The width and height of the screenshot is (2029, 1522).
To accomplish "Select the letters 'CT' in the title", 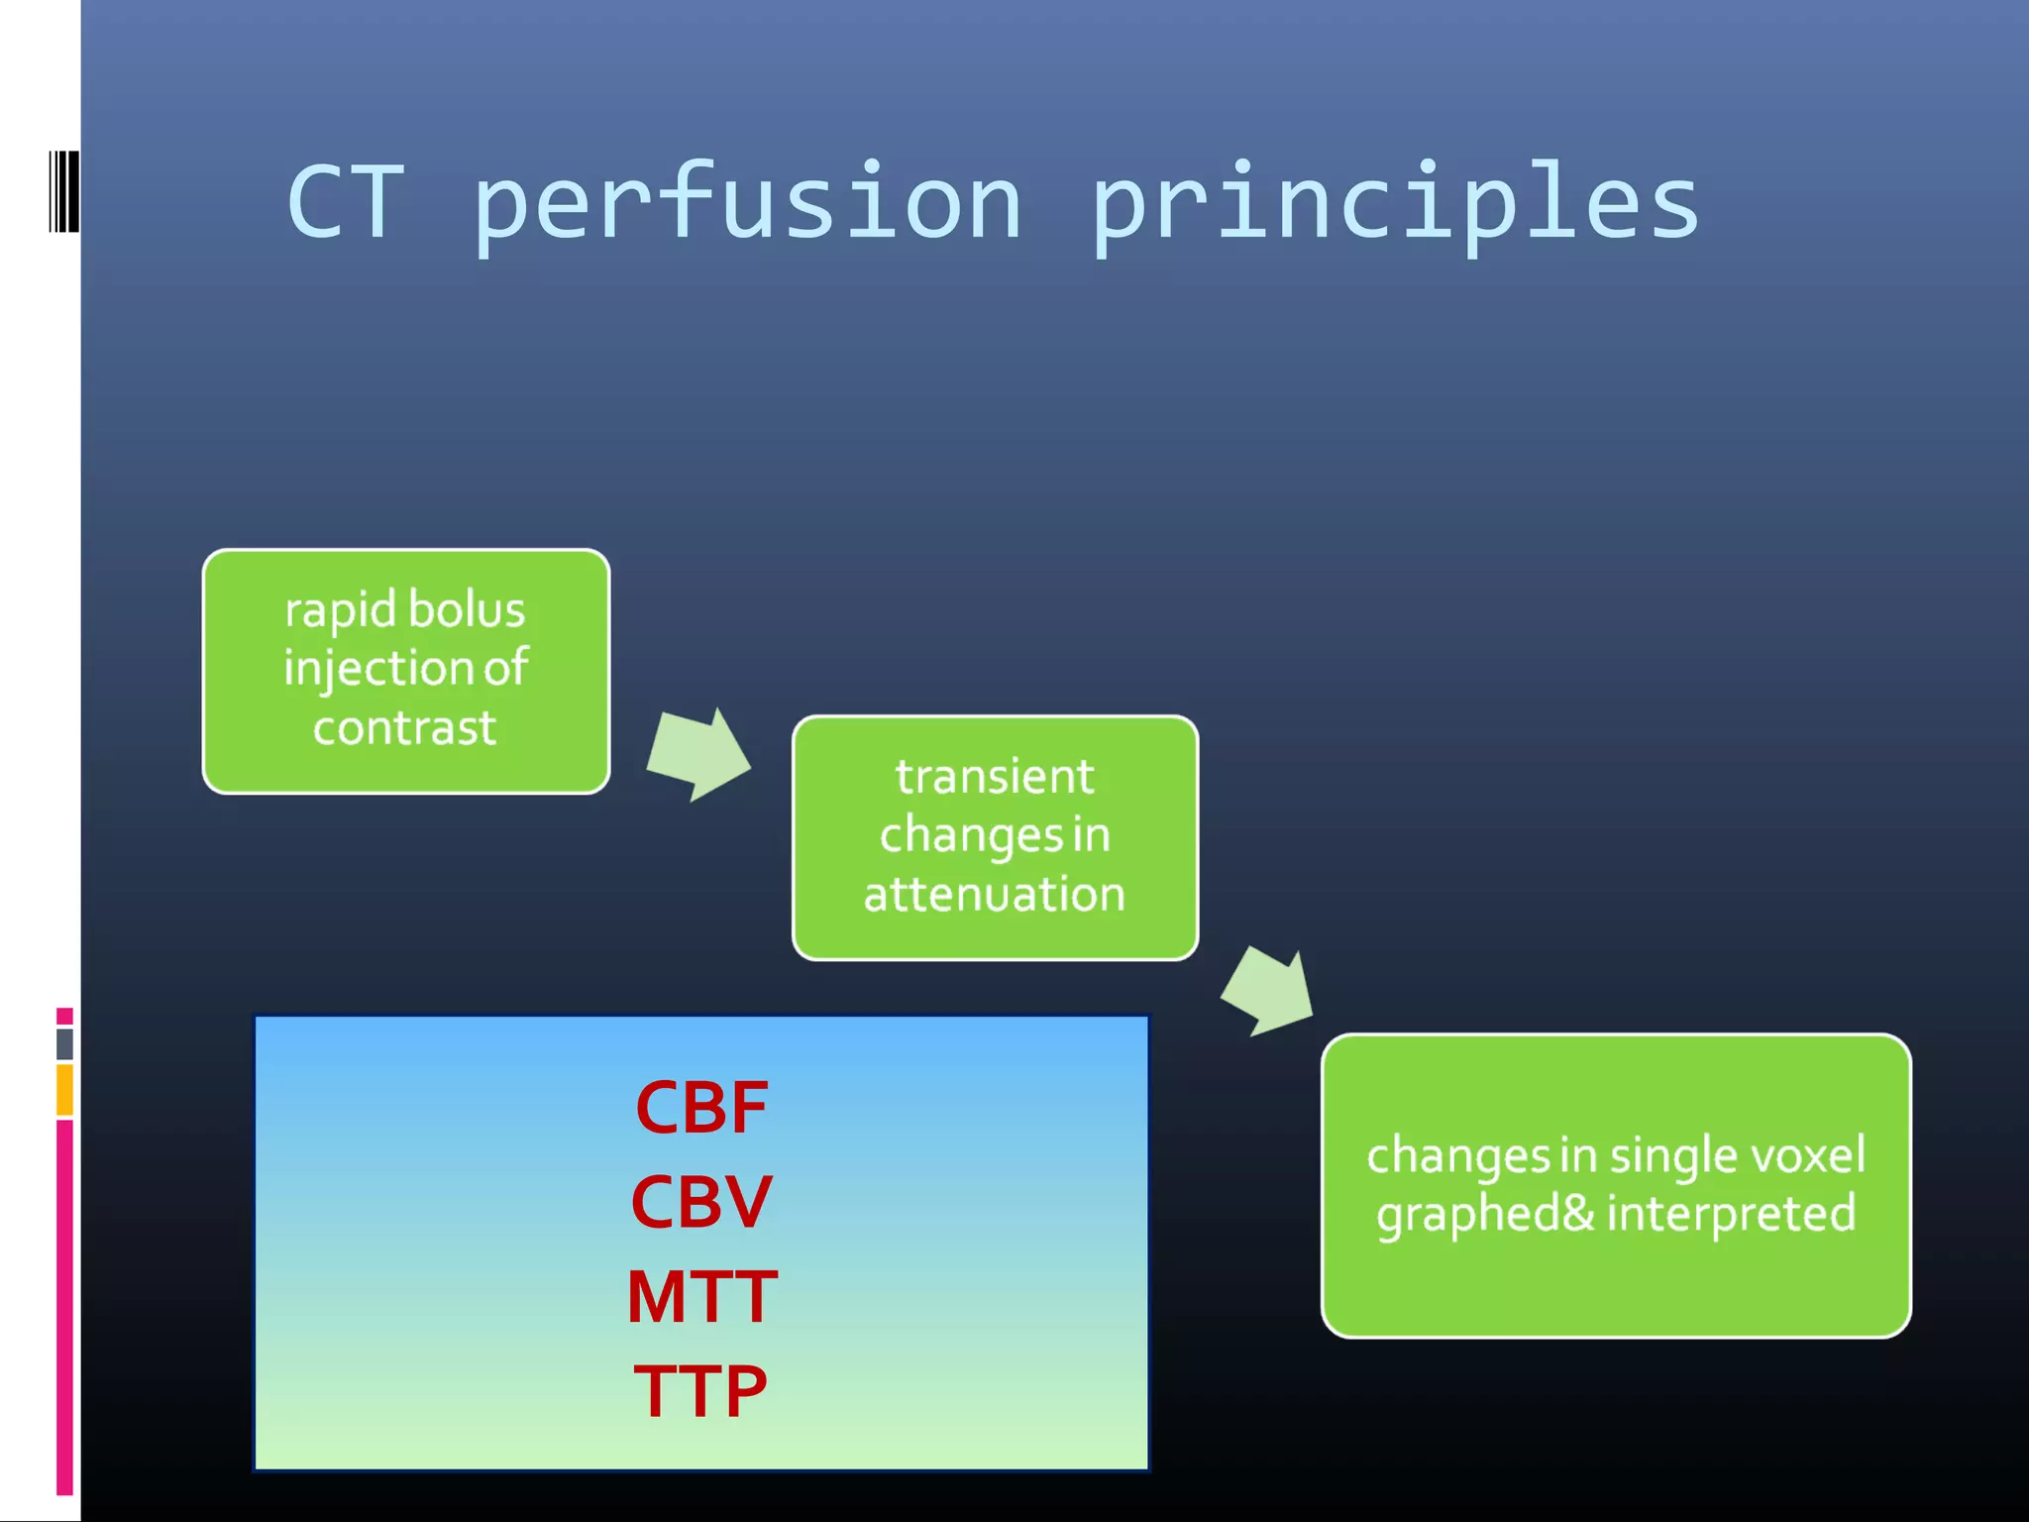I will tap(346, 203).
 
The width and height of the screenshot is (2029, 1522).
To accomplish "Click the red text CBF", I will tap(701, 1108).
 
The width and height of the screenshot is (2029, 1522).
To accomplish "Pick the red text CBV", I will tap(701, 1202).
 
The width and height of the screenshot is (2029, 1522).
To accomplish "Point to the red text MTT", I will tap(701, 1296).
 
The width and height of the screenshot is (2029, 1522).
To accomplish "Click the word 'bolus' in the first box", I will tap(466, 609).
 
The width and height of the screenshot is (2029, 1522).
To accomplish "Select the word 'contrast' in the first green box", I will tap(404, 728).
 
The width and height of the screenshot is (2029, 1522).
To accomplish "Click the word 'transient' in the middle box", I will tap(995, 776).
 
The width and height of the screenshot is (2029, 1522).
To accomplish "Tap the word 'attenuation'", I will tap(995, 894).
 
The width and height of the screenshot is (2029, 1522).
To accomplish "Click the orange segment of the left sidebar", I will tap(64, 1090).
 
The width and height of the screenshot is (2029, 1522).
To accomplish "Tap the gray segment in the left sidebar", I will tap(64, 1043).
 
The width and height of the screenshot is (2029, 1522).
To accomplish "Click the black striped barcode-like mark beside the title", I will tap(63, 191).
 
